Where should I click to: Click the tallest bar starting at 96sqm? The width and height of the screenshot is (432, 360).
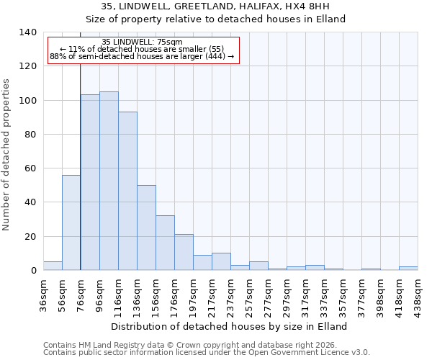(109, 181)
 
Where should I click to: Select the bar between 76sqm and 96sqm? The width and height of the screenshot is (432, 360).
(90, 182)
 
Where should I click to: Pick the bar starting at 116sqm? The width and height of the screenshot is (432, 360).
(127, 191)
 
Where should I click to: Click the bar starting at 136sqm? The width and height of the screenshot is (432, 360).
(146, 228)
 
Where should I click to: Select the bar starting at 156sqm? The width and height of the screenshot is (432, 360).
(165, 243)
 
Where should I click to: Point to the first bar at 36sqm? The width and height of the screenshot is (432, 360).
(53, 266)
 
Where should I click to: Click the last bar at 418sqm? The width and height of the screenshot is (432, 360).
(408, 268)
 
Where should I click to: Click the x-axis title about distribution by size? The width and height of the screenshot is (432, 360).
(230, 326)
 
